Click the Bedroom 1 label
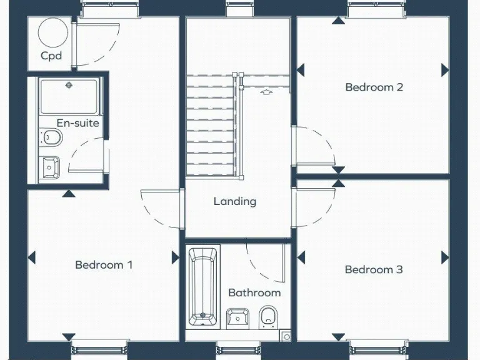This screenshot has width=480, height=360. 104,264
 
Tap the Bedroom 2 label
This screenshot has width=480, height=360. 374,87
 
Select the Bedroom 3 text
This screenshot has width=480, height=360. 374,269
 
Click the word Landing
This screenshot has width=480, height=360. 235,201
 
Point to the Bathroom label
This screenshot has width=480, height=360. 254,292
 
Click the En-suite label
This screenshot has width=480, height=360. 77,123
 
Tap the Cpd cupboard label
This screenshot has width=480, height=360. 51,56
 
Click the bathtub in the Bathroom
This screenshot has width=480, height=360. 203,287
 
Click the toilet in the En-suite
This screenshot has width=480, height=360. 51,137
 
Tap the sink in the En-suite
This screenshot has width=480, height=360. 50,167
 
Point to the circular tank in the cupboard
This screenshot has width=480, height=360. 51,33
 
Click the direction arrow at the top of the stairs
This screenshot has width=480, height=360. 267,92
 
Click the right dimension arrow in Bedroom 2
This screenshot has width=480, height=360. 445,69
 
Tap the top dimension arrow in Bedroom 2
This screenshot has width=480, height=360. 338,21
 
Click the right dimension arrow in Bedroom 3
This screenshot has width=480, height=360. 445,257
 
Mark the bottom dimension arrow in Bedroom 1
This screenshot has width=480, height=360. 69,337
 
